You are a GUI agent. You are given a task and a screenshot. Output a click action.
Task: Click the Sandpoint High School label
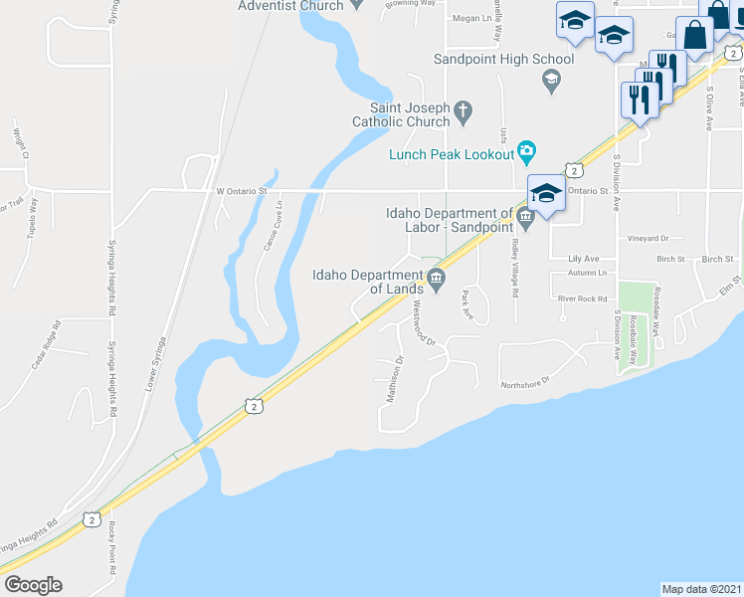(503, 60)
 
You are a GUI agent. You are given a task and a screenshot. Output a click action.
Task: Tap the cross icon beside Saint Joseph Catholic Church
(463, 114)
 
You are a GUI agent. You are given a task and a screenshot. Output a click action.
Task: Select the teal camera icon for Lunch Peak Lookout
(527, 153)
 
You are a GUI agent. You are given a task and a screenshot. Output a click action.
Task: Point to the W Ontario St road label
(243, 190)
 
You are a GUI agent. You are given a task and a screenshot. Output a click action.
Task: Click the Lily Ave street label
(584, 258)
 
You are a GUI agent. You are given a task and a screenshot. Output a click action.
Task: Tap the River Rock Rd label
(582, 298)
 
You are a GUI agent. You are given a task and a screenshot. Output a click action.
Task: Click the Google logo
(33, 584)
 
